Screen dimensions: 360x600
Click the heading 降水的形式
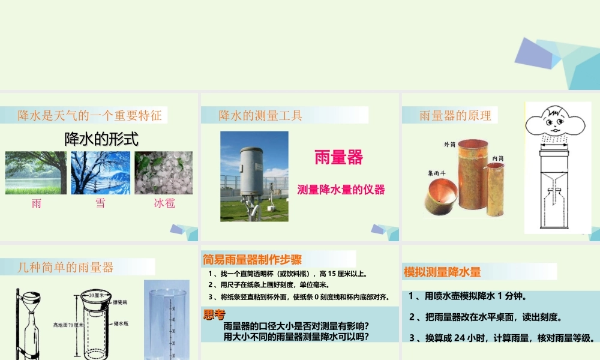101,139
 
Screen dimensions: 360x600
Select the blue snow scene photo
100,173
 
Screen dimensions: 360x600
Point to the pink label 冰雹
164,203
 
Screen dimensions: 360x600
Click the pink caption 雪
100,203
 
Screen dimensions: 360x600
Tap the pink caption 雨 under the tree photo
37,203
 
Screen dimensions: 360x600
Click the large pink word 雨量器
339,157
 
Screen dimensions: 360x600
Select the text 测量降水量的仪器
341,190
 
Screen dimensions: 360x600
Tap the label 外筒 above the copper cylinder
450,144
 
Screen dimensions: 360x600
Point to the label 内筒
497,158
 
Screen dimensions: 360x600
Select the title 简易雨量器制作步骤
253,260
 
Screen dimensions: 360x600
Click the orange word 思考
214,314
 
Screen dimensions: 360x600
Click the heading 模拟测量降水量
442,272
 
